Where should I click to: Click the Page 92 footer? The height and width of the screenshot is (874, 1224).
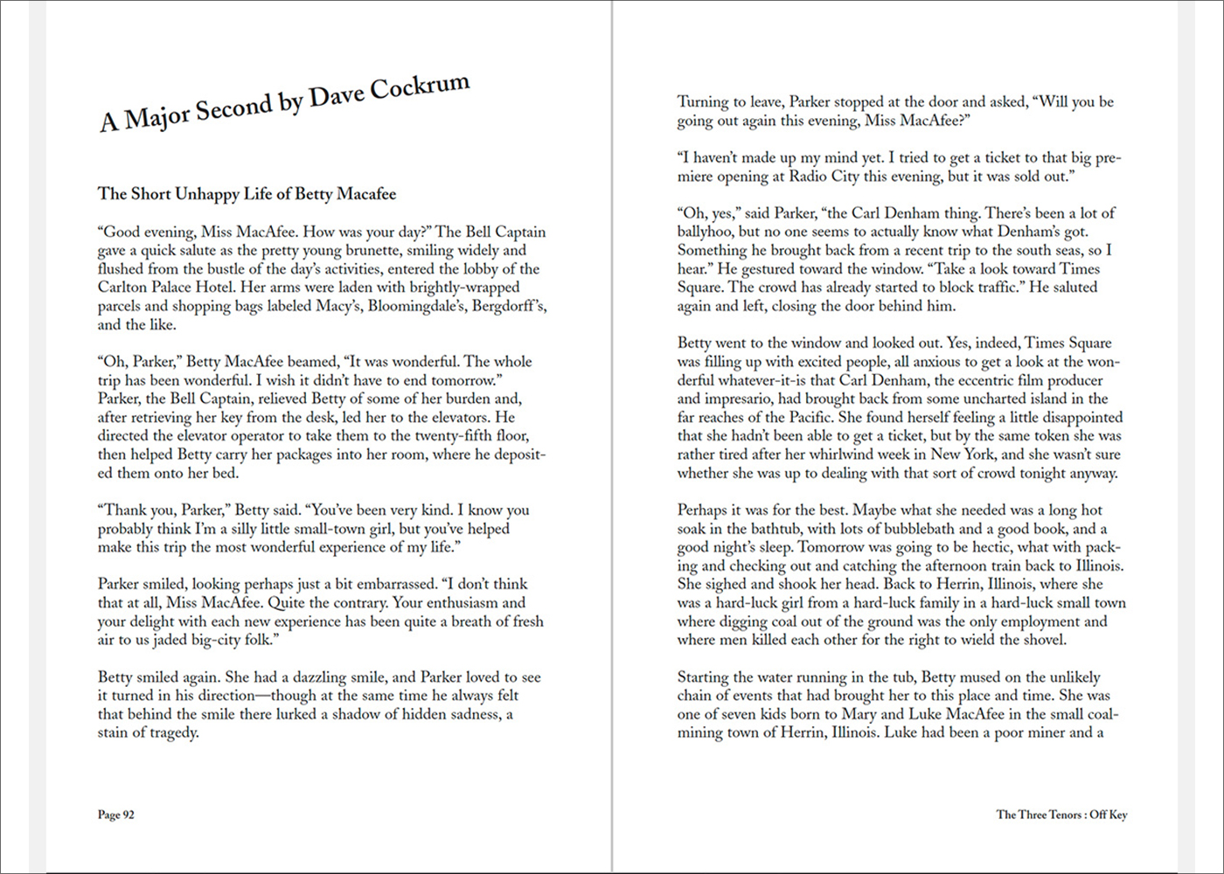(x=116, y=815)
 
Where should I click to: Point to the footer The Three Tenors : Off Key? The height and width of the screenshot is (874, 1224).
(x=1061, y=815)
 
